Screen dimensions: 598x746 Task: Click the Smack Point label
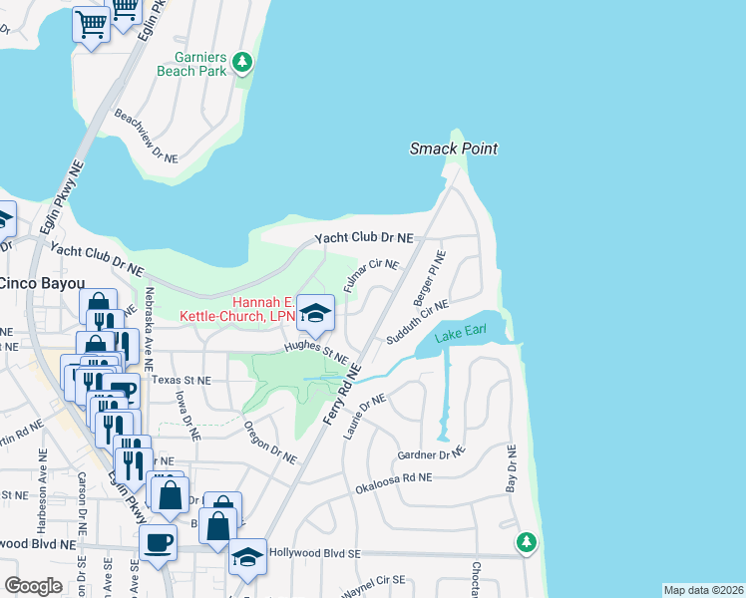tap(454, 149)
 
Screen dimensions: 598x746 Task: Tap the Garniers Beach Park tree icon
tap(241, 65)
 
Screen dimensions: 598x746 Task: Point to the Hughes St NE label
tap(315, 350)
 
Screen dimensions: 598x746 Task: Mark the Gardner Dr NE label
tap(432, 454)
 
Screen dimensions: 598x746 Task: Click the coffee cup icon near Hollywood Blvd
tap(159, 544)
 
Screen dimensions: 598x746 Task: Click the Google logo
tap(33, 586)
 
